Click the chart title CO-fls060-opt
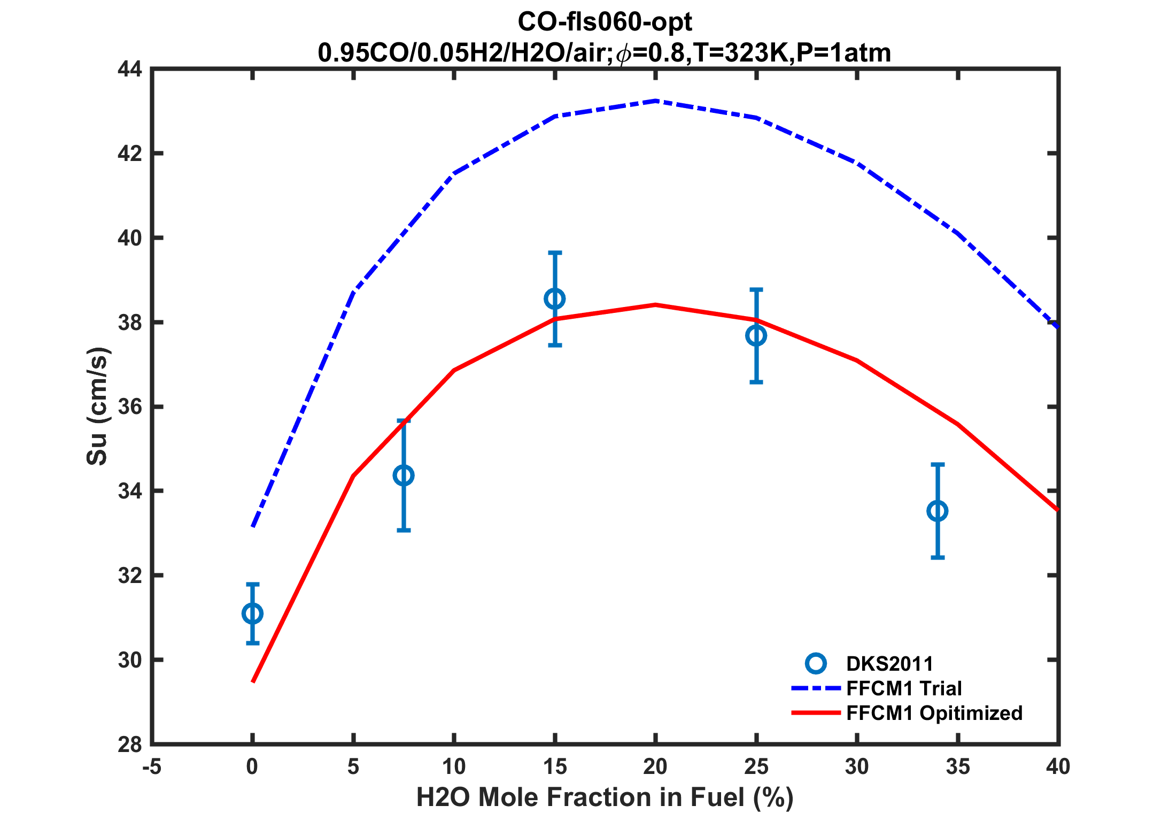[605, 22]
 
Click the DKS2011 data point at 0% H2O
[252, 613]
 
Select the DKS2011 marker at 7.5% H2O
[404, 475]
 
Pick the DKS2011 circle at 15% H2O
[555, 299]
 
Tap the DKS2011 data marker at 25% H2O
[756, 336]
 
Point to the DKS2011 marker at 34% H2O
[938, 511]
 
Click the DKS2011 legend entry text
[889, 664]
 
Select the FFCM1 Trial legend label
[904, 688]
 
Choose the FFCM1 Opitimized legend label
[934, 713]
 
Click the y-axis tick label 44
[130, 70]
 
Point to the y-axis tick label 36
[130, 407]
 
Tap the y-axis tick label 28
[130, 745]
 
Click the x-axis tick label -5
[152, 768]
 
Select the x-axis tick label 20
[655, 768]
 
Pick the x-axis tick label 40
[1058, 768]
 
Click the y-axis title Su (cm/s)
[98, 407]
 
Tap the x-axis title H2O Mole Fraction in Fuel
[605, 797]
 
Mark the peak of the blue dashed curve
[655, 101]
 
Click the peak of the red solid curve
[655, 305]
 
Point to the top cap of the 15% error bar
[555, 252]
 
